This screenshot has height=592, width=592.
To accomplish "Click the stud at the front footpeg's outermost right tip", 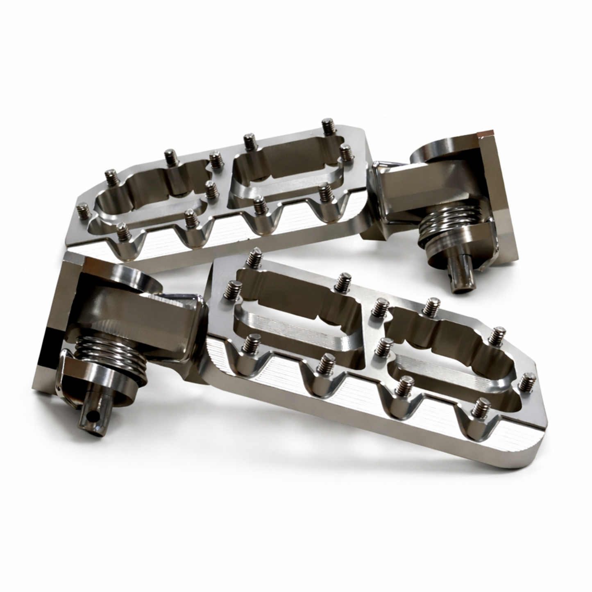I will click(531, 381).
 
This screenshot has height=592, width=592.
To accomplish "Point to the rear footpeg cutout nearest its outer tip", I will click(147, 193).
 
